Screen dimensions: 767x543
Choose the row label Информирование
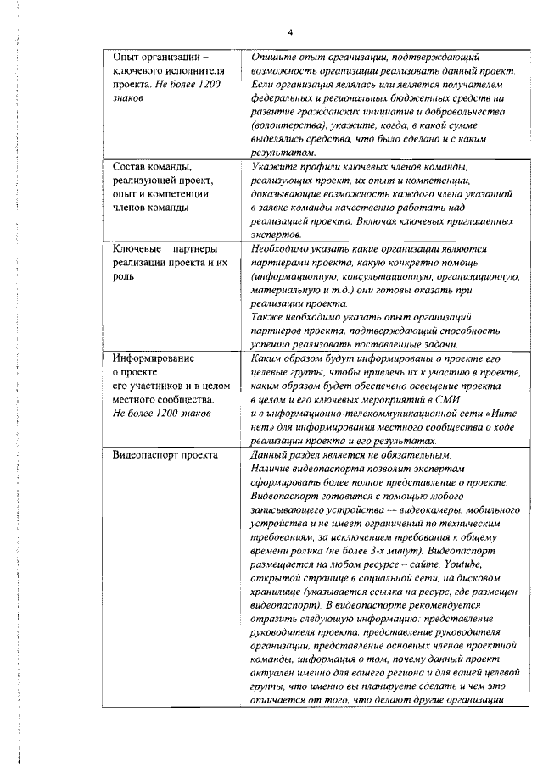[154, 358]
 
